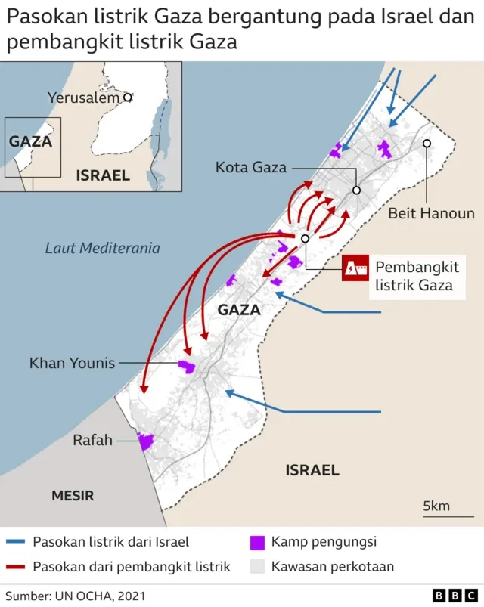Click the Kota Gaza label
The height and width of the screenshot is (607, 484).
coord(251,167)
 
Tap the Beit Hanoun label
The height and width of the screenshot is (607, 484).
coord(431,213)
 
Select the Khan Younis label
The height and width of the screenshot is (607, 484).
coord(73,363)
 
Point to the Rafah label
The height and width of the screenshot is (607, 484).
coord(92,440)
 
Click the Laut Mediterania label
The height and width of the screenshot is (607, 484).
coord(103,247)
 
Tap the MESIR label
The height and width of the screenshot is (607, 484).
coord(73,496)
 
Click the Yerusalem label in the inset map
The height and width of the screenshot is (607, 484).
coord(83,98)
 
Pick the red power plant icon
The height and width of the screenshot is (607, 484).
coord(354,268)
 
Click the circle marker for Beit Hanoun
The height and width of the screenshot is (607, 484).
coord(427,143)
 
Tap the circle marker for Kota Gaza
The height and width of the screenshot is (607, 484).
coord(355,190)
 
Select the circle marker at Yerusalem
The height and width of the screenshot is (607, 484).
coord(128,97)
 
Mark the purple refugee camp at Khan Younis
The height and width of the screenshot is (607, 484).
coord(187,367)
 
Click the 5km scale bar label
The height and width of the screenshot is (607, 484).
coord(436,506)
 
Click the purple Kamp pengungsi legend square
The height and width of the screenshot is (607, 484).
coord(258,542)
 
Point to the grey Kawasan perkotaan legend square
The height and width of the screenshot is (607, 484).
coord(258,566)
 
